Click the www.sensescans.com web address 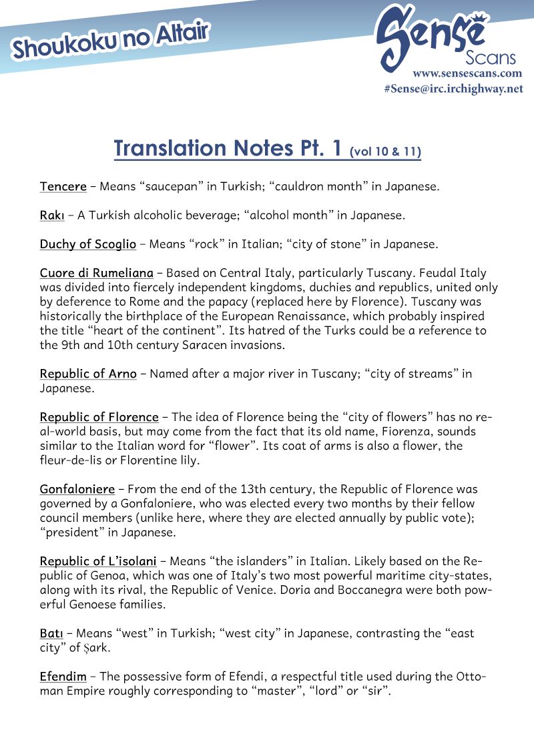click(467, 73)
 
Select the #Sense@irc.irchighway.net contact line click(453, 88)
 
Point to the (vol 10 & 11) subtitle click(385, 152)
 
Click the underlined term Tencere click(63, 186)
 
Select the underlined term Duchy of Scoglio click(87, 244)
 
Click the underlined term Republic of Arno click(88, 374)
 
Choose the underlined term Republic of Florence click(99, 417)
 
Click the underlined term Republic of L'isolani click(98, 561)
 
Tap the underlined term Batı click(51, 633)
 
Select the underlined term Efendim click(63, 677)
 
